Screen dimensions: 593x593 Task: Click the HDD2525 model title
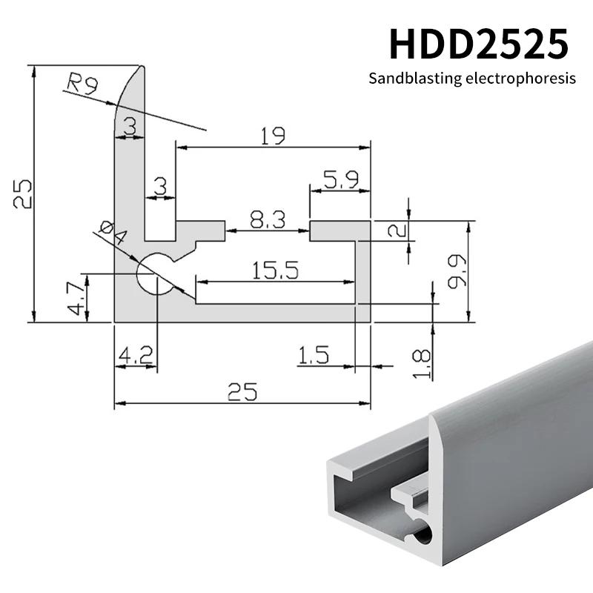(x=479, y=44)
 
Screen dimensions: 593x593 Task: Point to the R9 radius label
(x=82, y=83)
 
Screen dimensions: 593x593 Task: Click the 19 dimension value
(x=273, y=136)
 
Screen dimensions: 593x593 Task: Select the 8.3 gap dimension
(x=266, y=219)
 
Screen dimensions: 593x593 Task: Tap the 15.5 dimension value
(x=274, y=271)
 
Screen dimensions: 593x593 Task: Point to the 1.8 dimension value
(x=420, y=365)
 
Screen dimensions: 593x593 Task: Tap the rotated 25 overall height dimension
(x=21, y=193)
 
